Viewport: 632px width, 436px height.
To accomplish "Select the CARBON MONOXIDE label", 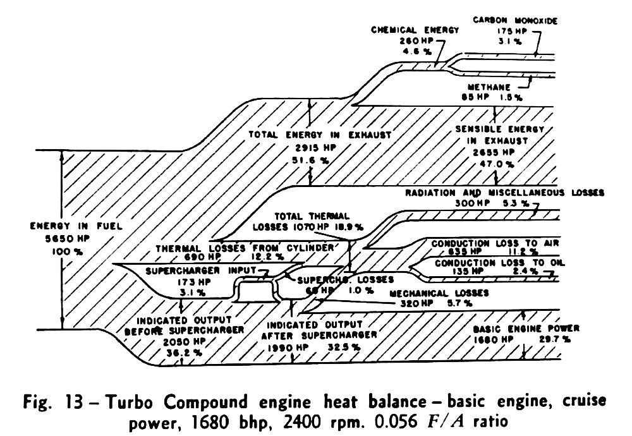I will coord(515,21).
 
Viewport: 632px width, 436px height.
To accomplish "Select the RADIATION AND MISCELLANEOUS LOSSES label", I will coord(505,192).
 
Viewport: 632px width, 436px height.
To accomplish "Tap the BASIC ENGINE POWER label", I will coord(526,329).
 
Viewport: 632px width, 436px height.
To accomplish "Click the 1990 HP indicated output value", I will coord(286,347).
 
